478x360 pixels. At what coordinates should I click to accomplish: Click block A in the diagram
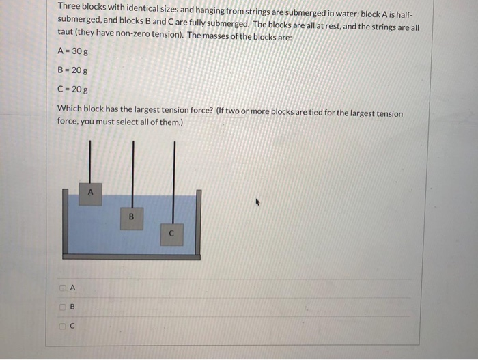[90, 193]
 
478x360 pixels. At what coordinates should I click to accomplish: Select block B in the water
[132, 217]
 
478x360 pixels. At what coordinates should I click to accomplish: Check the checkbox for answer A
[61, 288]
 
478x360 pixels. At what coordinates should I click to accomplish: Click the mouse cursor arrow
[258, 202]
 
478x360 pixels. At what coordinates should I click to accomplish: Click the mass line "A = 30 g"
[72, 51]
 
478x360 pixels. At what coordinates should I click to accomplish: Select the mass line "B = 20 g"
[72, 70]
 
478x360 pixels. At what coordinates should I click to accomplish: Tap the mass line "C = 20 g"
[72, 89]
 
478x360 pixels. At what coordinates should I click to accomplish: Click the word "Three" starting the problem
[68, 6]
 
